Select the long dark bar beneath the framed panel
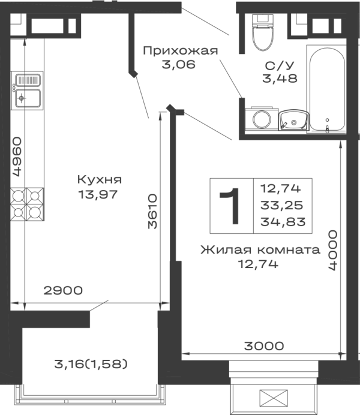tap(259, 249)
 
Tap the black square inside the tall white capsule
tap(326, 120)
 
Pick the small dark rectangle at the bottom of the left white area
tap(65, 290)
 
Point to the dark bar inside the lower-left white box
tap(91, 362)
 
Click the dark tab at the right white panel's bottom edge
tap(264, 345)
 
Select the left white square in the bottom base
tap(247, 398)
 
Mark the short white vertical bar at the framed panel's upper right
tap(305, 191)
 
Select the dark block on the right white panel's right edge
tap(331, 249)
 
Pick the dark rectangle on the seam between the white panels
tap(151, 210)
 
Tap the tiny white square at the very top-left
tap(16, 17)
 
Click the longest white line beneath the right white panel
tap(264, 357)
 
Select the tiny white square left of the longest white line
tap(185, 357)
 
